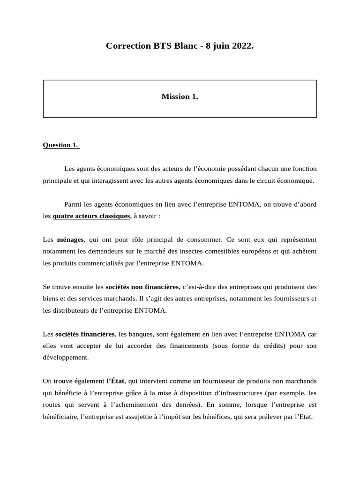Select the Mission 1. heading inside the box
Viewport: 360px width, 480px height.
pos(180,97)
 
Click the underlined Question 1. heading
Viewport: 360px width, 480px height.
pos(61,145)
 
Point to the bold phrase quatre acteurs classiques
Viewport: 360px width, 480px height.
pos(91,216)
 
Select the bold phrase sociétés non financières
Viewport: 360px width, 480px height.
pos(142,286)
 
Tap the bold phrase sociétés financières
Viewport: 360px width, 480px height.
pos(85,334)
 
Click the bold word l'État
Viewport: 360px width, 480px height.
pos(115,381)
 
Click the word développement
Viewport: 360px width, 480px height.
pos(65,357)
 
